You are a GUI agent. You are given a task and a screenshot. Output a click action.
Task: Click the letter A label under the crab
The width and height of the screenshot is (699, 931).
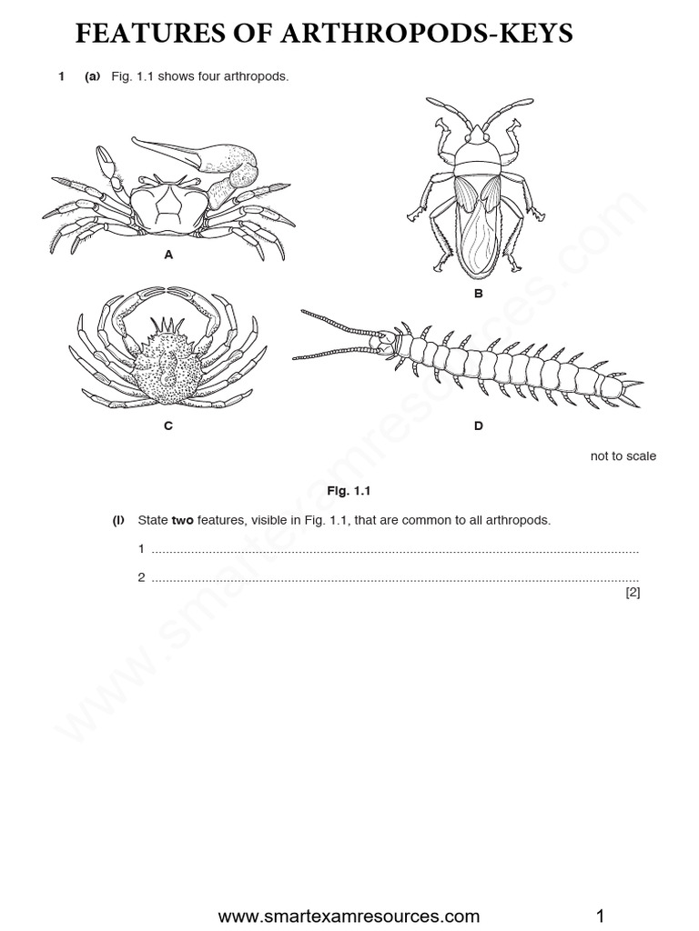click(x=168, y=255)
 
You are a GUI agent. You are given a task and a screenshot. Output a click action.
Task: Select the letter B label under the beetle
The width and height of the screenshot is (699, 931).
click(x=478, y=294)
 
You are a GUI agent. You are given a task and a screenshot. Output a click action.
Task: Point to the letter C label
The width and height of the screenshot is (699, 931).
click(x=168, y=425)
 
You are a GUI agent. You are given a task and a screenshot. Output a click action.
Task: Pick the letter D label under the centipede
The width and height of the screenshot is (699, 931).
click(x=479, y=425)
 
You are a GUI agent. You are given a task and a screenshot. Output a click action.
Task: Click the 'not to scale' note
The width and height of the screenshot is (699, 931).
click(x=623, y=456)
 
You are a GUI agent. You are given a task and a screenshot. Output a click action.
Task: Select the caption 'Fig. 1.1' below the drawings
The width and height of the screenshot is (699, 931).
click(x=350, y=491)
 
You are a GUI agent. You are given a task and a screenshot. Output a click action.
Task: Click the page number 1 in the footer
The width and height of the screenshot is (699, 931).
click(x=600, y=914)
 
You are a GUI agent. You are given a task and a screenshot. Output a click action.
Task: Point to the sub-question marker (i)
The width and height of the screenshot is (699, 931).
click(x=117, y=521)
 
